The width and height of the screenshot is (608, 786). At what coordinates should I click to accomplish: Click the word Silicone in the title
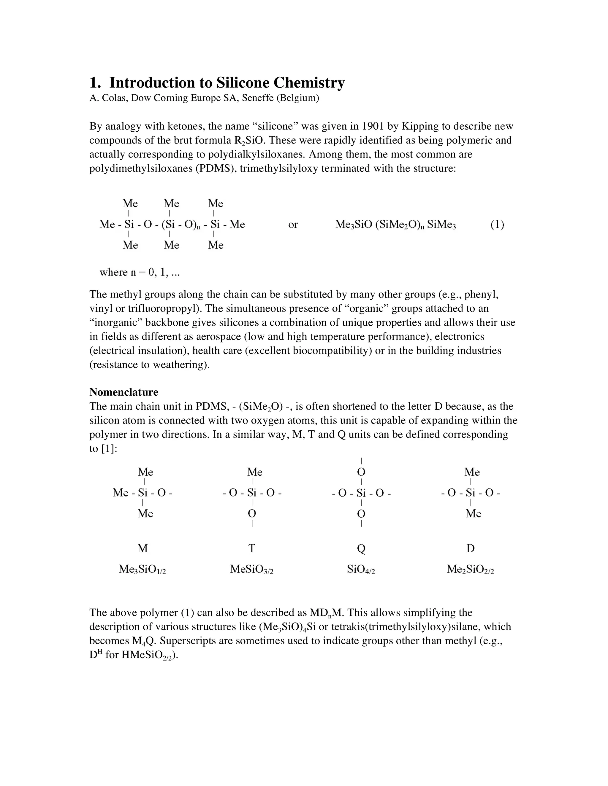(x=243, y=83)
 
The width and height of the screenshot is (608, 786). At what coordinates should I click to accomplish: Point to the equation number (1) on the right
(x=497, y=225)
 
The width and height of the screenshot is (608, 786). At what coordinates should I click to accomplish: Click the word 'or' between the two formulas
(x=293, y=225)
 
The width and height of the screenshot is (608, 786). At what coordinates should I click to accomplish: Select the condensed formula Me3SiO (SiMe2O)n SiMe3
(x=395, y=225)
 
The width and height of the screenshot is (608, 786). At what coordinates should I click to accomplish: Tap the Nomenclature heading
(x=123, y=392)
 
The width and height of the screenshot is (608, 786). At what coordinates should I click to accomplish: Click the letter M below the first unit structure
(x=142, y=548)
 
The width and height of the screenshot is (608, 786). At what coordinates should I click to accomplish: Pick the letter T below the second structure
(x=251, y=548)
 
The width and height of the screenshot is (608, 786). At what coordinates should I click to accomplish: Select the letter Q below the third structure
(x=361, y=548)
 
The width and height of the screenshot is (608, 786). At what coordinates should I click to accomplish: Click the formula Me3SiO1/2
(x=142, y=569)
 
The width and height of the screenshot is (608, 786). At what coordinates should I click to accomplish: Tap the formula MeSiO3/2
(x=251, y=569)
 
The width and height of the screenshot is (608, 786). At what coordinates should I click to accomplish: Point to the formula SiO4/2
(x=361, y=569)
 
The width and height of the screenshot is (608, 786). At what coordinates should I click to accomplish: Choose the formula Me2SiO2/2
(x=470, y=569)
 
